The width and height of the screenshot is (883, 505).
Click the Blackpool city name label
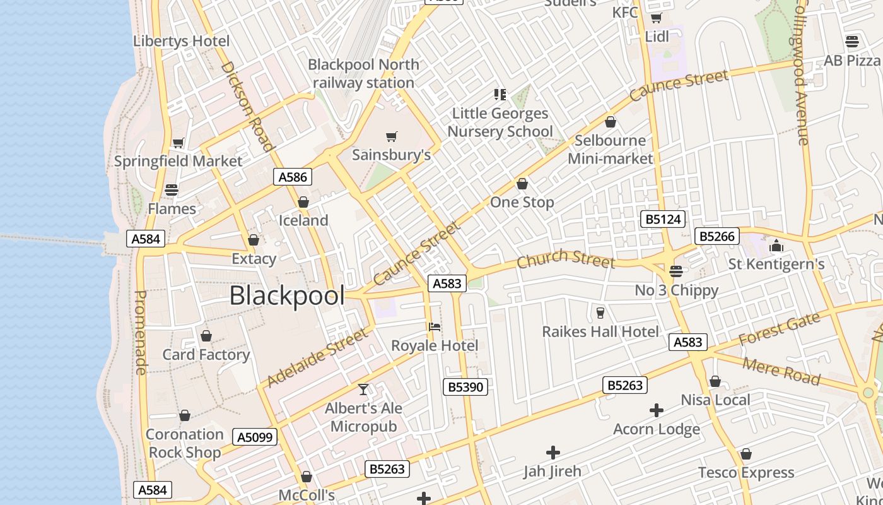tap(287, 295)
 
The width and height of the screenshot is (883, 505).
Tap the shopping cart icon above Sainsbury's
tap(392, 136)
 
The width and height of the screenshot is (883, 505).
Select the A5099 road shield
tap(255, 437)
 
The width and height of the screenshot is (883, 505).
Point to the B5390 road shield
tap(465, 387)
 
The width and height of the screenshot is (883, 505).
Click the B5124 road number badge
tap(663, 219)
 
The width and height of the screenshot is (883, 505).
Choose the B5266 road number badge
tap(716, 236)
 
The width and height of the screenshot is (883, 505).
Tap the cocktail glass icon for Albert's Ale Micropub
tap(363, 389)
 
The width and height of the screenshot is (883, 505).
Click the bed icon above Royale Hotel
tap(435, 327)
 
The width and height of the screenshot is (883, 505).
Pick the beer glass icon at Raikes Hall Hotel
tap(600, 312)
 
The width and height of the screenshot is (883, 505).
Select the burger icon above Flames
tap(172, 189)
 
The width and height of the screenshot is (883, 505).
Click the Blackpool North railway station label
tap(363, 73)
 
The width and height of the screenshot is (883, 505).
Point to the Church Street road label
tap(565, 259)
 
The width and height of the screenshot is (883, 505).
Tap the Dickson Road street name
tap(248, 106)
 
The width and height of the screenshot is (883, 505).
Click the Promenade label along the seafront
tap(141, 332)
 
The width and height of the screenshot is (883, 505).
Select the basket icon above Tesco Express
tap(746, 454)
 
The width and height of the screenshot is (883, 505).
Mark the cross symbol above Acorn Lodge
tap(657, 411)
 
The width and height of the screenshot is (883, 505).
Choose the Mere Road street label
tap(781, 371)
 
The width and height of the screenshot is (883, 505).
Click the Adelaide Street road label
tap(317, 358)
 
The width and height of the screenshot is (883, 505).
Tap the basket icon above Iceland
tap(303, 202)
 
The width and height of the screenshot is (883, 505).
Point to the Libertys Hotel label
tap(181, 41)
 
